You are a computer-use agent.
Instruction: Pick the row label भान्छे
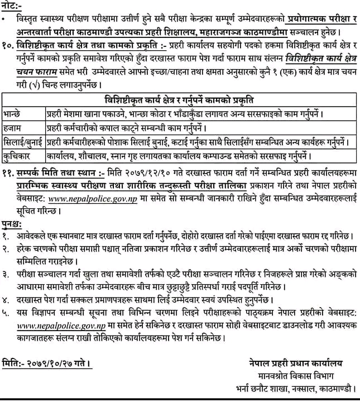click(14, 113)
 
